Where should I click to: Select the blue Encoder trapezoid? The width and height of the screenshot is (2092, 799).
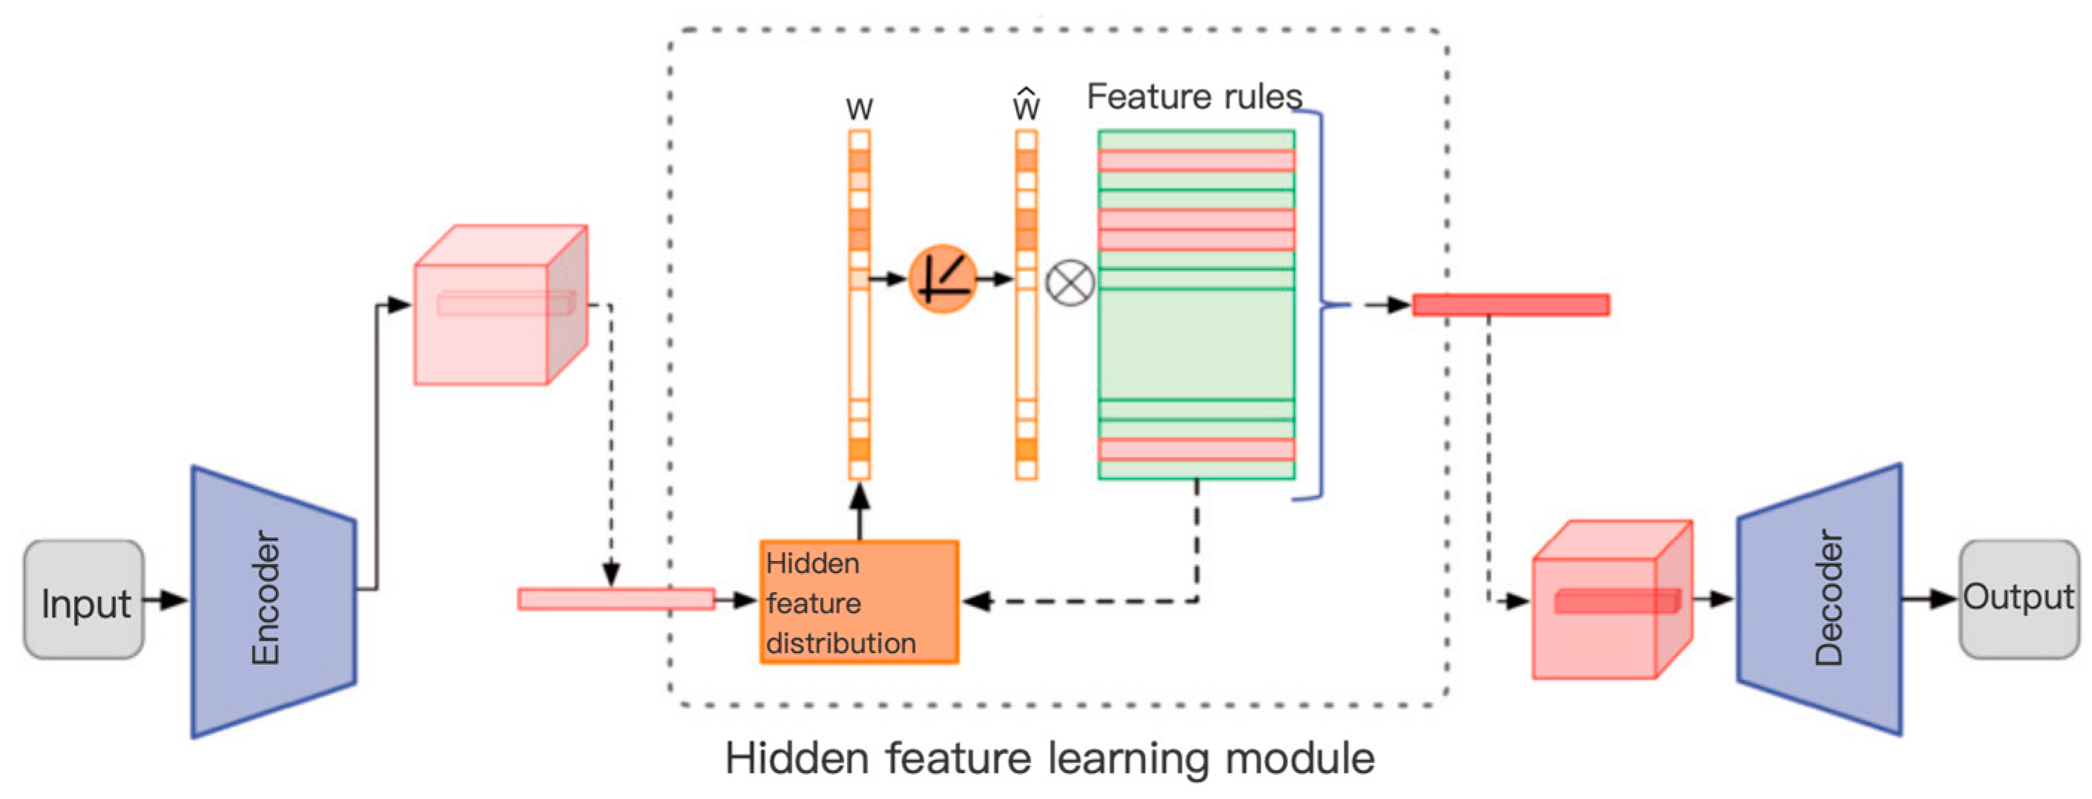[x=273, y=601]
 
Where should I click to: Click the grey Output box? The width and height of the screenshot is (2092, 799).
[x=2019, y=598]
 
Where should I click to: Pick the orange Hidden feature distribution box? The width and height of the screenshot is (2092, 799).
[x=859, y=602]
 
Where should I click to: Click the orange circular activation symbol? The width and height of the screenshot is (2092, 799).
[x=942, y=279]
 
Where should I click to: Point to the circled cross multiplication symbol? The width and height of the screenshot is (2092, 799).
[x=1069, y=282]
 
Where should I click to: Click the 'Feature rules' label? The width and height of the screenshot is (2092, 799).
[x=1194, y=96]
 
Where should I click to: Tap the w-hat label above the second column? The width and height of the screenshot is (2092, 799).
[x=1026, y=105]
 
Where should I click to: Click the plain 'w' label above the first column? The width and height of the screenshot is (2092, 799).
[x=859, y=108]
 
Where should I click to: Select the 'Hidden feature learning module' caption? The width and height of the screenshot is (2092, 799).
[x=1049, y=757]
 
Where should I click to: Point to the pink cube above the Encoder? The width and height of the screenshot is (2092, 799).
[x=499, y=305]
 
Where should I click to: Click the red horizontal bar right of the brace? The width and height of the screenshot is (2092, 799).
[x=1511, y=305]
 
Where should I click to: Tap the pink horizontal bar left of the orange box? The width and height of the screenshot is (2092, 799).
[x=616, y=599]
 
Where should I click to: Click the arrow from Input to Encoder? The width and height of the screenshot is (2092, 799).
[x=165, y=600]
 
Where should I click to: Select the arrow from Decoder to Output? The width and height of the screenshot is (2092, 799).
[x=1930, y=599]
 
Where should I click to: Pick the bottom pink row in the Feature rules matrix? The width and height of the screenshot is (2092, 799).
[x=1195, y=449]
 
